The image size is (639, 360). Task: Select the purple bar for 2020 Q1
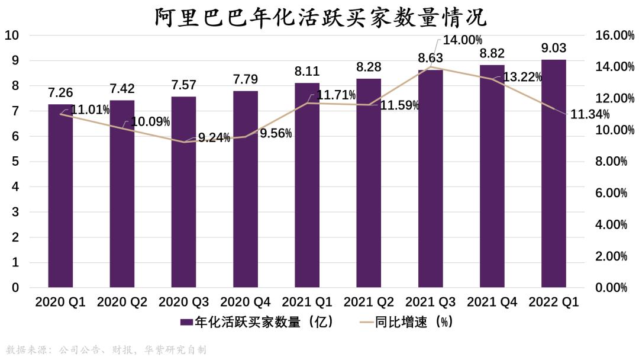pos(60,195)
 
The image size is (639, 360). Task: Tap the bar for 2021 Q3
pos(430,178)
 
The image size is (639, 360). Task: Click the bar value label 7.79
pos(246,79)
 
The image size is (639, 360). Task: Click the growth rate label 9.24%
pos(214,137)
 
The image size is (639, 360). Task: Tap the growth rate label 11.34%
pos(590,114)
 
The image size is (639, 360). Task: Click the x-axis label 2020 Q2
pos(122,302)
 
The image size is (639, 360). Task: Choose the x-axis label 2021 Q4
pos(492,302)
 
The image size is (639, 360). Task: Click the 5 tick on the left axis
pos(16,162)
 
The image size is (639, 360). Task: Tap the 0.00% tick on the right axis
pos(610,288)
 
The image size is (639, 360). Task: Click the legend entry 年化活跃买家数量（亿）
pos(257,322)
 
